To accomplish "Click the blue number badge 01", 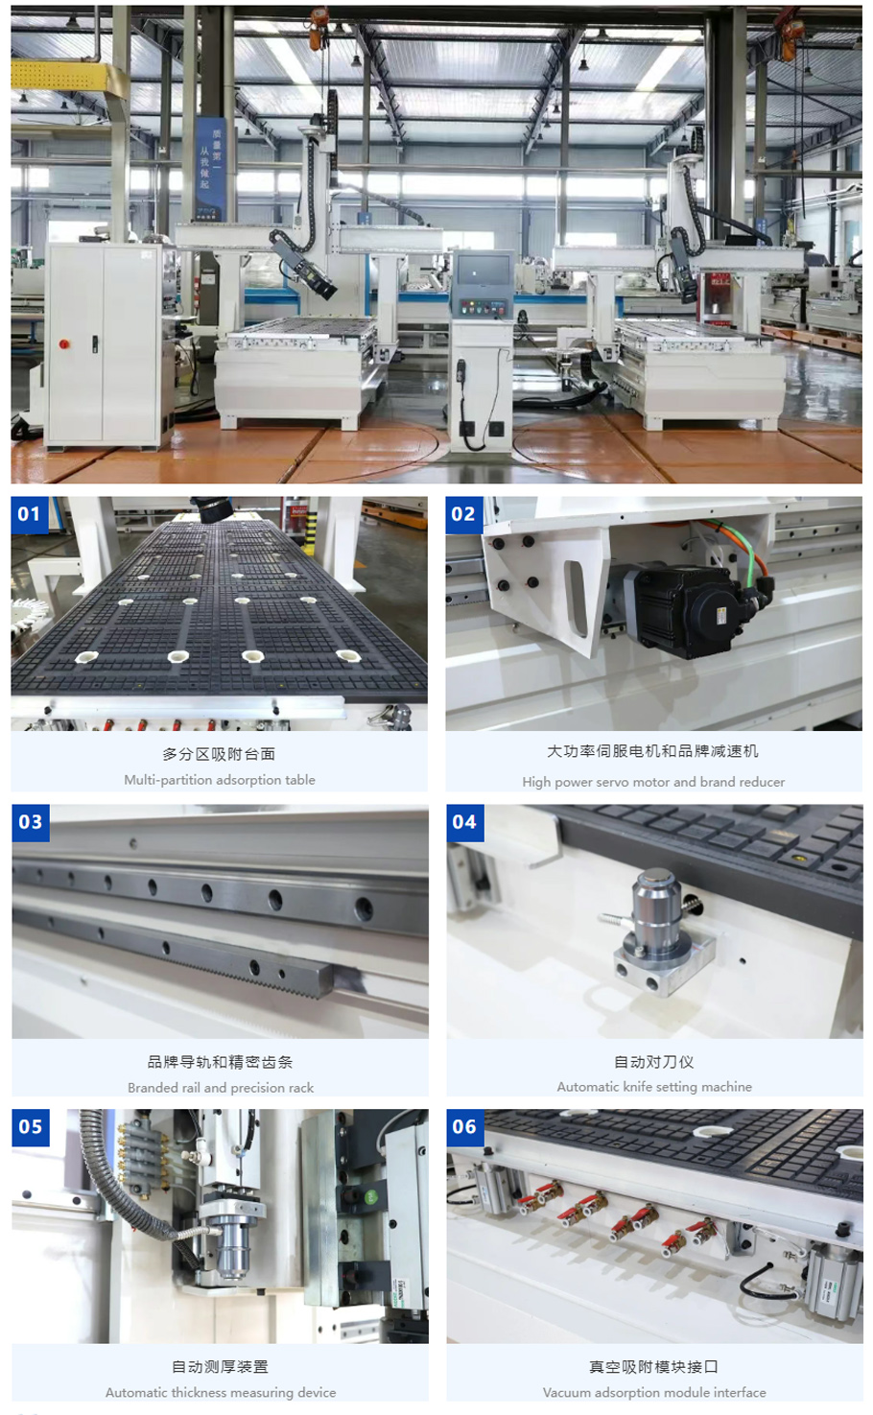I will (30, 514).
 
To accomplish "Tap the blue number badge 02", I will (463, 514).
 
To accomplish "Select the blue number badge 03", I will (30, 822).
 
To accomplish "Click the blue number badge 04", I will (464, 822).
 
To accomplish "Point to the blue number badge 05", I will (30, 1127).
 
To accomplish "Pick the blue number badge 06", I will (464, 1127).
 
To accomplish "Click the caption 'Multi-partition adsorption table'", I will (220, 780).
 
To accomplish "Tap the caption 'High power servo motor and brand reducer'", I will (653, 782).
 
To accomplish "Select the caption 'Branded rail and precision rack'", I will (221, 1088).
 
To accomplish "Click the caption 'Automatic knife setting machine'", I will (654, 1087).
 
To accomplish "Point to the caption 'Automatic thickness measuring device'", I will (221, 1393).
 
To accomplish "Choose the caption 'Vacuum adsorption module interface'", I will (654, 1393).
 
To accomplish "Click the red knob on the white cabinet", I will (64, 343).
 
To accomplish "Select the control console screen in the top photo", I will (482, 272).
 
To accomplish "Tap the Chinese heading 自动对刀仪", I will (654, 1062).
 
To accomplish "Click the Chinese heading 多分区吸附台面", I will (220, 754).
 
